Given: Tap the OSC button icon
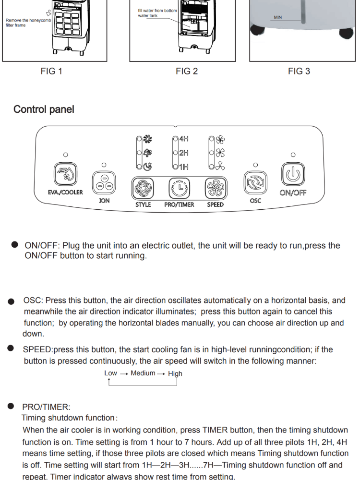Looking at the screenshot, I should (x=255, y=183).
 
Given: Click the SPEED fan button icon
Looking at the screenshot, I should (x=216, y=189).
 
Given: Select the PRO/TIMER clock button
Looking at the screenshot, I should (x=179, y=189).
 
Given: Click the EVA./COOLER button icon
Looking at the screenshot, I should (x=65, y=175).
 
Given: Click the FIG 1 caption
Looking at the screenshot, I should (x=51, y=72).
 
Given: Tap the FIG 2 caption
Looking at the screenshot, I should (x=187, y=72).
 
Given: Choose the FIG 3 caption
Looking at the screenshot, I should (x=299, y=72).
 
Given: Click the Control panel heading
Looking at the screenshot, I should (x=44, y=109).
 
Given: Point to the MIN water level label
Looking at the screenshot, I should (x=278, y=18).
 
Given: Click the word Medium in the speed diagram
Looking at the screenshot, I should (x=143, y=373).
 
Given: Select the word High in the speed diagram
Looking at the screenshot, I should (x=175, y=373).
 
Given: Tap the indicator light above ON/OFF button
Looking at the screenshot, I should (x=293, y=155).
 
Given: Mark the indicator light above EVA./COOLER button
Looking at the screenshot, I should (x=65, y=155).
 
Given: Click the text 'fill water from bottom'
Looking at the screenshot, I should (x=157, y=11).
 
